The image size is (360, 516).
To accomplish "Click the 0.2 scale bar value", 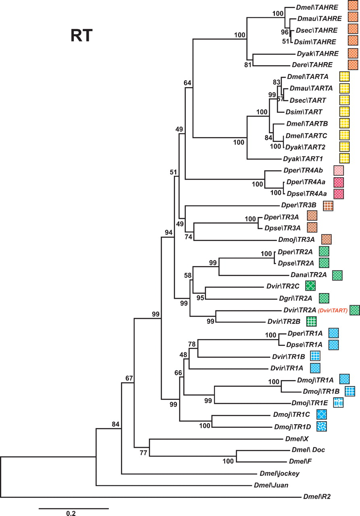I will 71,513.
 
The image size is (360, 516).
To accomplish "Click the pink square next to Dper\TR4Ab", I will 338,171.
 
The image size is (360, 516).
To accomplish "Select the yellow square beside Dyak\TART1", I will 344,158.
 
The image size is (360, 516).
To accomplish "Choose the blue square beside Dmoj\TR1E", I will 338,402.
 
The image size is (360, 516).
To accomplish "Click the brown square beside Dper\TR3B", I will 328,206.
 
